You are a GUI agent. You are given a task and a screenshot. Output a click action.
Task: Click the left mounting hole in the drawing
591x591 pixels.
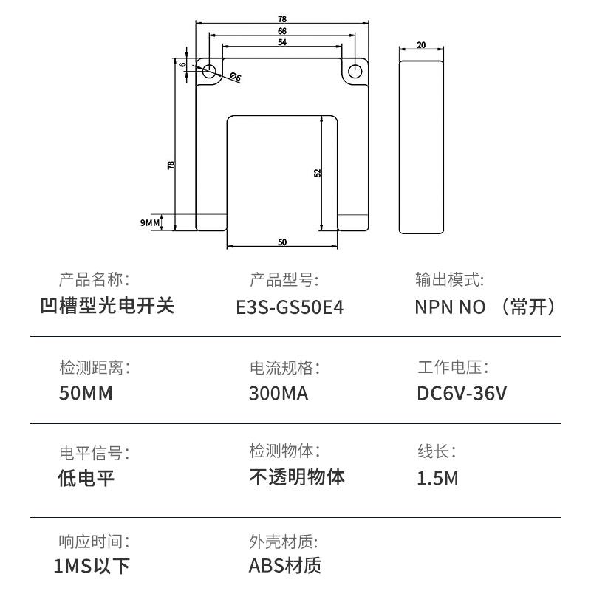click(x=209, y=72)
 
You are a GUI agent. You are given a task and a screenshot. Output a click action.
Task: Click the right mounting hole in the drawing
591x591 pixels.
click(x=355, y=72)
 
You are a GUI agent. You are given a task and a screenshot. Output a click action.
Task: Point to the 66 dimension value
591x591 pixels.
click(x=282, y=31)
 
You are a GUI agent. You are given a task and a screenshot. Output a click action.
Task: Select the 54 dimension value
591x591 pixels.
click(x=282, y=43)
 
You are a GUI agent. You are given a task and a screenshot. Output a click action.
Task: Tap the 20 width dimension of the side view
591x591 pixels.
click(x=421, y=45)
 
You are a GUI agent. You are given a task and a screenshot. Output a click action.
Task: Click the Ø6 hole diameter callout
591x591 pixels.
click(x=236, y=77)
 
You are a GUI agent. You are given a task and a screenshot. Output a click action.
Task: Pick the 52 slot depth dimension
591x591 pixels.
click(x=318, y=172)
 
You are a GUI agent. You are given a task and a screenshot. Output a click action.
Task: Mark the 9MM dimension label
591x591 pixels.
click(x=150, y=222)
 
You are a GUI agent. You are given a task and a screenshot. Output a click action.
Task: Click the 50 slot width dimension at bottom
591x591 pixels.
click(x=282, y=242)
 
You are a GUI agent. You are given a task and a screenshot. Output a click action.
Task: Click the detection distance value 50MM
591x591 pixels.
click(x=86, y=393)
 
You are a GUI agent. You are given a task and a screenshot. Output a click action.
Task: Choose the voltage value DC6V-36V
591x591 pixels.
click(x=462, y=393)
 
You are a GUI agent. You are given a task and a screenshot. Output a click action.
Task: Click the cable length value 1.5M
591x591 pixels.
click(x=437, y=478)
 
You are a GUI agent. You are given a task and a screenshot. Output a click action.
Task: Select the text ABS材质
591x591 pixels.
click(x=285, y=566)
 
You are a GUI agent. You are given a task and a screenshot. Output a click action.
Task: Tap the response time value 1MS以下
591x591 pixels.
click(x=92, y=566)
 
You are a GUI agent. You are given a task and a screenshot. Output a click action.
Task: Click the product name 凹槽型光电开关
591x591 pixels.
click(x=107, y=306)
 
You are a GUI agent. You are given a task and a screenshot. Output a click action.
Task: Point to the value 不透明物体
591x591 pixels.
click(x=297, y=476)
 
